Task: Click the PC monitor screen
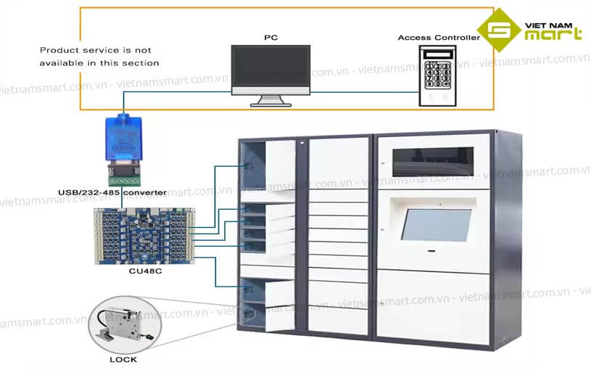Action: tap(270, 68)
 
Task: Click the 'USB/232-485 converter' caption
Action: tap(112, 192)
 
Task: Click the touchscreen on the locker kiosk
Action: tap(437, 224)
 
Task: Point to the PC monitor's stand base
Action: tap(270, 104)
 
